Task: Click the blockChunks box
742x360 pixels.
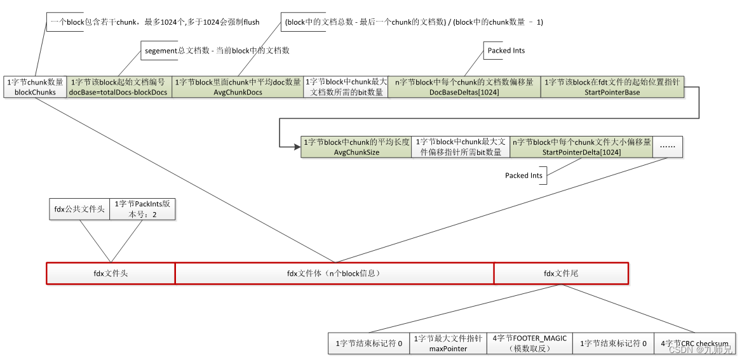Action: click(x=36, y=87)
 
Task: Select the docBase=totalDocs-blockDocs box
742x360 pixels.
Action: click(x=119, y=87)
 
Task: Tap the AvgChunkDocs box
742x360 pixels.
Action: click(x=238, y=87)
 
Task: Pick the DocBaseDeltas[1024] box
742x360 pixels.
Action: click(x=464, y=87)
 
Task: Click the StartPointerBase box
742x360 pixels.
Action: click(x=612, y=87)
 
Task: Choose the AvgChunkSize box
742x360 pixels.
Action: click(x=356, y=147)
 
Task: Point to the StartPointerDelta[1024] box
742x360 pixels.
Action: click(x=581, y=147)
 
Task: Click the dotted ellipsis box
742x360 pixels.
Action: click(x=668, y=147)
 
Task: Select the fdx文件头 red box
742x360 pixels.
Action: click(x=111, y=274)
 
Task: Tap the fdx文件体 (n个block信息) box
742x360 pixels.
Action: click(x=334, y=274)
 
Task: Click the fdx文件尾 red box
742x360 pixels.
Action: click(x=561, y=274)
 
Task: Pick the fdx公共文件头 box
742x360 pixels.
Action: click(x=79, y=209)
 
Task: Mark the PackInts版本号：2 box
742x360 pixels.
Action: click(x=142, y=209)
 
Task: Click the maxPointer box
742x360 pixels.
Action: click(x=448, y=343)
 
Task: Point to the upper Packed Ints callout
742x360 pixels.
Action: click(x=506, y=51)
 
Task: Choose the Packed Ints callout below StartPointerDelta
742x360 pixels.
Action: click(x=524, y=175)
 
